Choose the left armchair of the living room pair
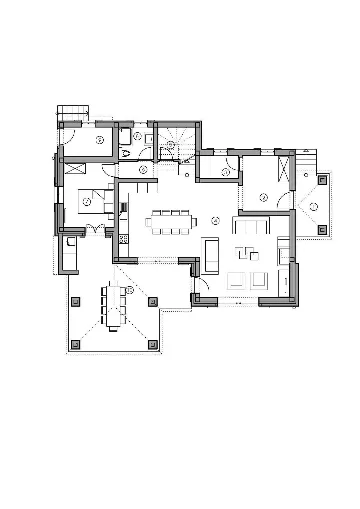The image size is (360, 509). click(238, 280)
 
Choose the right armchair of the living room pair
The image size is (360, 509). click(258, 280)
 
